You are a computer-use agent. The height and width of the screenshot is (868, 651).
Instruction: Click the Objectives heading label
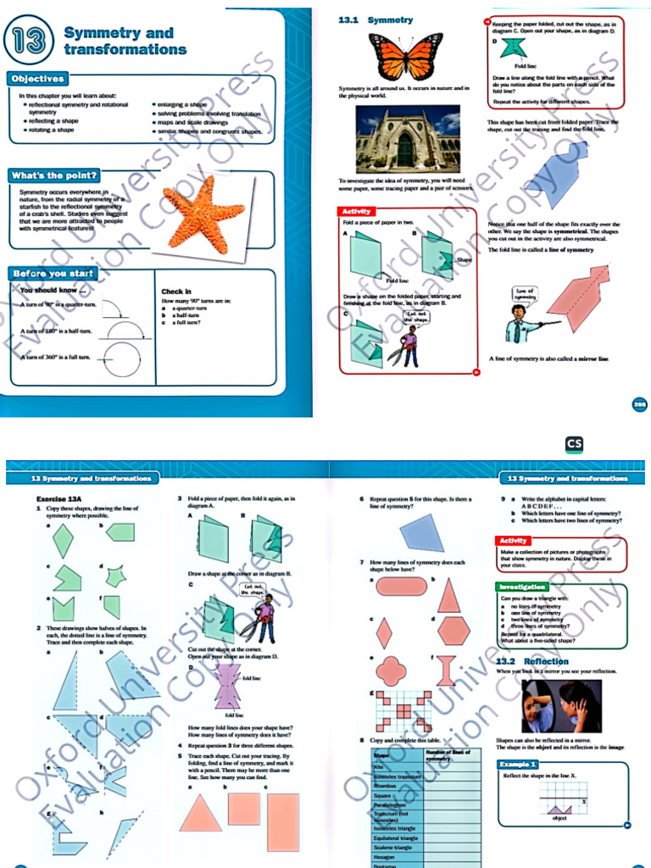37,79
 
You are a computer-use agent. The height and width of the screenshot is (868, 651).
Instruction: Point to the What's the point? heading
49,175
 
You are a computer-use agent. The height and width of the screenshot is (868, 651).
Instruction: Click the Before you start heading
53,274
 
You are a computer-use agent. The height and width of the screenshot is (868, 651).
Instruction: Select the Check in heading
176,292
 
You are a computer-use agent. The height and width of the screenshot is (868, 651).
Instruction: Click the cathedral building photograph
407,139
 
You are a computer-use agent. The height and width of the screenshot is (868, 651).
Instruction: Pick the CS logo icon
574,443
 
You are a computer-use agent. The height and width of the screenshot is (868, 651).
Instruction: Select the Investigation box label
522,587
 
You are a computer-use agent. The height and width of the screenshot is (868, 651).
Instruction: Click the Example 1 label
517,765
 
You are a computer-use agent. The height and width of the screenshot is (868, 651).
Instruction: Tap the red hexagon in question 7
454,631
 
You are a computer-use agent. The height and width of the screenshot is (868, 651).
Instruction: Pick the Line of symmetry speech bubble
526,293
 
